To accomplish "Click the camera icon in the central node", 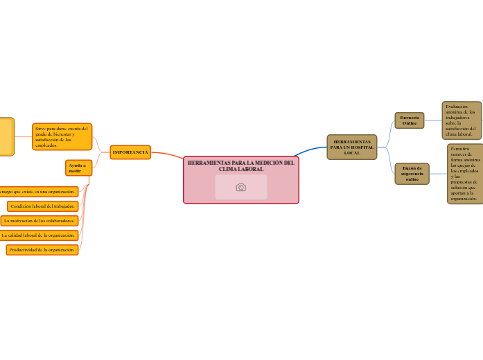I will [241, 187].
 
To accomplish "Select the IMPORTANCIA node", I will [130, 152].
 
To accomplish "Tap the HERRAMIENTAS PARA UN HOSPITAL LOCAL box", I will [351, 147].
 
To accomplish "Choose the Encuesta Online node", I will [409, 120].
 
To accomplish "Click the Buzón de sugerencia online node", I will [412, 174].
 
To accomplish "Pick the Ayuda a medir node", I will [78, 168].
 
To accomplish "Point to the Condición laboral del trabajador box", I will [43, 206].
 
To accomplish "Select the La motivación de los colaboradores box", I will [39, 221].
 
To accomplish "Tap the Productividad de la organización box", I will [42, 250].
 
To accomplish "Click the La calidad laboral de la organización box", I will [38, 235].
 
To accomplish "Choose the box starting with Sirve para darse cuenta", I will [62, 136].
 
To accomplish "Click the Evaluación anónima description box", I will [462, 120].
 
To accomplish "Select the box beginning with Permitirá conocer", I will [465, 174].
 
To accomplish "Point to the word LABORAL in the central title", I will [250, 170].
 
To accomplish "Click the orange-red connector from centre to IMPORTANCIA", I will [168, 154].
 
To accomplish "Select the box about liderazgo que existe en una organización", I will [38, 192].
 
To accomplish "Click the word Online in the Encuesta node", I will [410, 123].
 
